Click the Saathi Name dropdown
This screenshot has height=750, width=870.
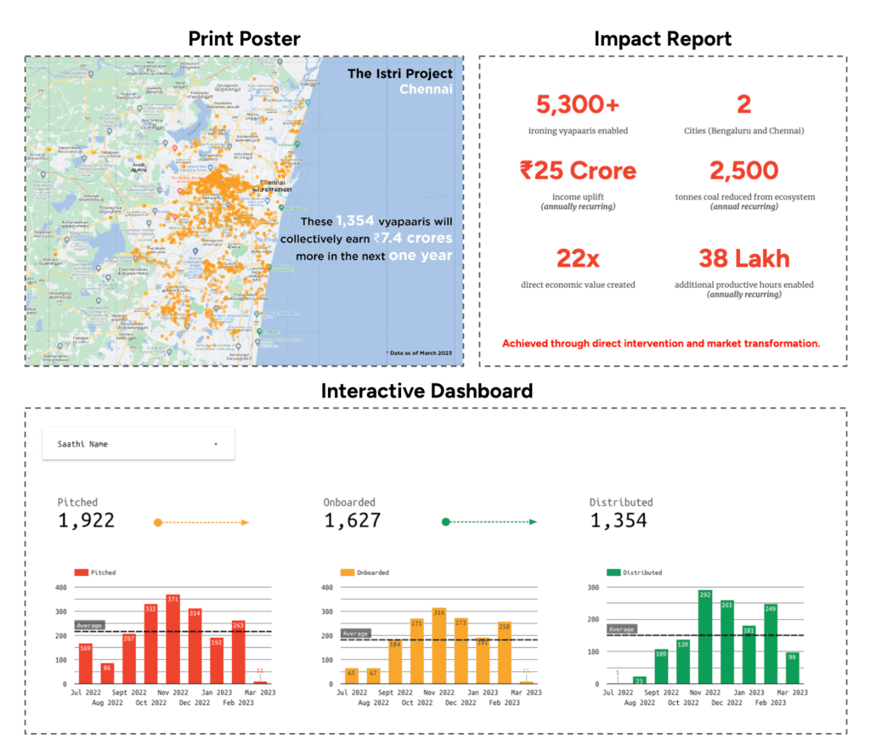(138, 443)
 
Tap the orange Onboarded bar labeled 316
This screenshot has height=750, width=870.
(439, 646)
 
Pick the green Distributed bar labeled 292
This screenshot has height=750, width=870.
(704, 637)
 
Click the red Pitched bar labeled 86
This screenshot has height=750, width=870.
(107, 673)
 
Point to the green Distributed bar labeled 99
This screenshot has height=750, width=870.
(793, 668)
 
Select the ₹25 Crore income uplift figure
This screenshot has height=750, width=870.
(578, 170)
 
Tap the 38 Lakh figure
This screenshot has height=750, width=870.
(743, 257)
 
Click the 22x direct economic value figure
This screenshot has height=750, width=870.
(578, 257)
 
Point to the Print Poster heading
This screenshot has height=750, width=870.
(244, 38)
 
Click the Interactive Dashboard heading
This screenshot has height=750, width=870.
(427, 391)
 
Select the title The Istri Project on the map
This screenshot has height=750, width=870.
(399, 74)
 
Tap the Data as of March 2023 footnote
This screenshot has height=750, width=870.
(421, 352)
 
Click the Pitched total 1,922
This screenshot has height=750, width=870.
(86, 521)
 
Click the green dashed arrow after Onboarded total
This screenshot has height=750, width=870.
(489, 522)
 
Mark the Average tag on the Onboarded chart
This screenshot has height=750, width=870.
(355, 633)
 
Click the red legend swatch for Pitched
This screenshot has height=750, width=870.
(82, 572)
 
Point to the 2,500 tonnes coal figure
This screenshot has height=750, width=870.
(743, 170)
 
